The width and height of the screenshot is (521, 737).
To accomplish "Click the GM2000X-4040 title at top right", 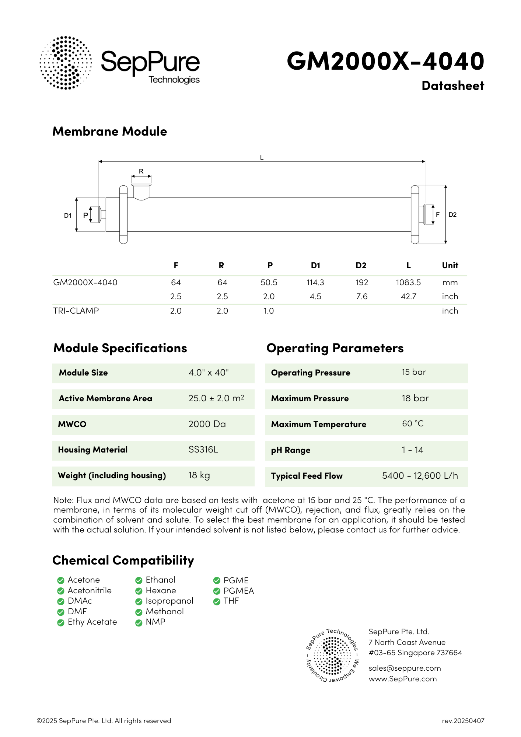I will tap(385, 61).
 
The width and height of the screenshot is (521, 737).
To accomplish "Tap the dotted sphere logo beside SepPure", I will tap(66, 63).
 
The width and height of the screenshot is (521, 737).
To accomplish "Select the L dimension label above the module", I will tap(262, 158).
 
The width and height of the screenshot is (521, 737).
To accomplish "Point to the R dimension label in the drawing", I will tap(141, 171).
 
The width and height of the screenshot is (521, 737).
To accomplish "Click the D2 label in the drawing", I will tap(452, 215).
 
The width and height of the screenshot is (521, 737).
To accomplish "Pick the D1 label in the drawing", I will tap(68, 216).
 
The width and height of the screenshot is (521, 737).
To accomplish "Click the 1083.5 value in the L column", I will tap(408, 283).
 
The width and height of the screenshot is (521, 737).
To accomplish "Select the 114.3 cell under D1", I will tap(315, 283).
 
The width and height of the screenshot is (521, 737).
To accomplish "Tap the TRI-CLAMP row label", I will tap(76, 311).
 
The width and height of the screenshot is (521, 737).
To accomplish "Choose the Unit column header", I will tap(450, 265).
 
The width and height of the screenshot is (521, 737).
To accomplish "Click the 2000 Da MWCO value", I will tap(207, 424).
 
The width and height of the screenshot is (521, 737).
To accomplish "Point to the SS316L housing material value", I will tap(203, 450).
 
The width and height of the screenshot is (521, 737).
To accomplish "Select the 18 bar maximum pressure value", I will tap(415, 398).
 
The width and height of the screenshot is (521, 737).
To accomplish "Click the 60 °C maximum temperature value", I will tap(413, 424).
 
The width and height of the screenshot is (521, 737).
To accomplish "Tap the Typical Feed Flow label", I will tap(307, 476).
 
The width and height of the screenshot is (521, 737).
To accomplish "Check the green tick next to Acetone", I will tap(61, 580).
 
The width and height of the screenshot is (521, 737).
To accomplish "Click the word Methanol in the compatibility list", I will tap(165, 612).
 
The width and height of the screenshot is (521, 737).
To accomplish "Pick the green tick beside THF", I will tap(217, 601).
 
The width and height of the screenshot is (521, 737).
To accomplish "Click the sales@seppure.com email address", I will tap(405, 668).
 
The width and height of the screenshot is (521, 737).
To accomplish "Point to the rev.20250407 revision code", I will tap(463, 721).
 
